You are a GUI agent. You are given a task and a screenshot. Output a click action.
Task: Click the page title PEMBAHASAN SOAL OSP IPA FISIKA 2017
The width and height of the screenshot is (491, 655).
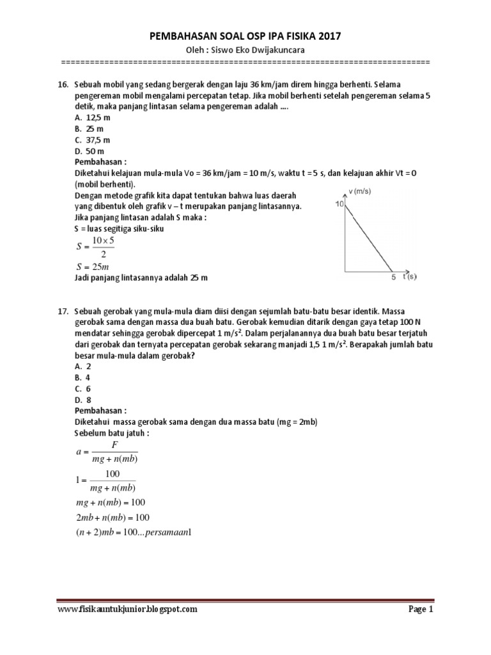[x=245, y=38]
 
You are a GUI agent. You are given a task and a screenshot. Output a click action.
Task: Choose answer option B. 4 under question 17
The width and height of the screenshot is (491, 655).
[x=83, y=377]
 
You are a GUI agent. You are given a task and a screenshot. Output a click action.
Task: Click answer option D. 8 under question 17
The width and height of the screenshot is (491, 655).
[x=83, y=399]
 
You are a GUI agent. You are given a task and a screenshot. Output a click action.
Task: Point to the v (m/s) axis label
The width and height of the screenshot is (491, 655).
[x=361, y=191]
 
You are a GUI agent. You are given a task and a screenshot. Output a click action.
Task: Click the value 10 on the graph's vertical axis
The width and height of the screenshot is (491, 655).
[x=339, y=204]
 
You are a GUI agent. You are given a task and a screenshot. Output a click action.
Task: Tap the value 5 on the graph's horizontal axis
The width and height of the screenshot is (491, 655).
[x=394, y=278]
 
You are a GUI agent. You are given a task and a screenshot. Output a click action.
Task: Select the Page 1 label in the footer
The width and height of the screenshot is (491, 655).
[x=421, y=610]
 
